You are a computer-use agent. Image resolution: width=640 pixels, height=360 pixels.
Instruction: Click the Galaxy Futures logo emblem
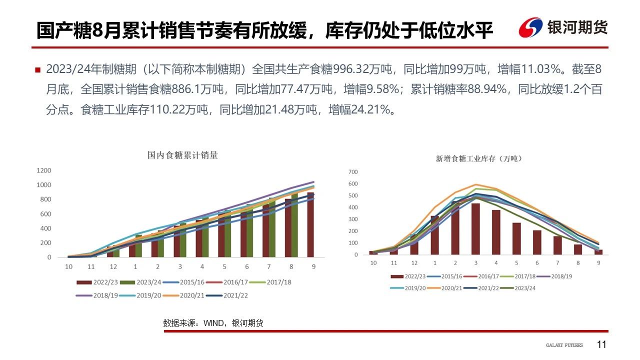pyautogui.click(x=530, y=27)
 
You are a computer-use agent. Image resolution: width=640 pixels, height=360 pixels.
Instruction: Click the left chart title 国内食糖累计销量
pyautogui.click(x=182, y=155)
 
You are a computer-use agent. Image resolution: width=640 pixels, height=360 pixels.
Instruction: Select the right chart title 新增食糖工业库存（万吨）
pyautogui.click(x=478, y=158)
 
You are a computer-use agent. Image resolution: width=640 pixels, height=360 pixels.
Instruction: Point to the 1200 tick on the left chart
pyautogui.click(x=44, y=170)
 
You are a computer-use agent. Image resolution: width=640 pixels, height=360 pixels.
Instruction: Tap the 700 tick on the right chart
pyautogui.click(x=353, y=171)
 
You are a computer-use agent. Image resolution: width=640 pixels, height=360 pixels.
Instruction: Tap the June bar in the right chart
pyautogui.click(x=536, y=242)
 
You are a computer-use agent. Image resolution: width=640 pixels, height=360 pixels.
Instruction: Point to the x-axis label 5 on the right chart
pyautogui.click(x=516, y=262)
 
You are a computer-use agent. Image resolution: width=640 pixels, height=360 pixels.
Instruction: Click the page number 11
pyautogui.click(x=601, y=344)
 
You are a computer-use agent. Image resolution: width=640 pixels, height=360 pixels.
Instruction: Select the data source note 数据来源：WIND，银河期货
pyautogui.click(x=213, y=323)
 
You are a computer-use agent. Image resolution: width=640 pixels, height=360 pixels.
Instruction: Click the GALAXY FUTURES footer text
pyautogui.click(x=564, y=345)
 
